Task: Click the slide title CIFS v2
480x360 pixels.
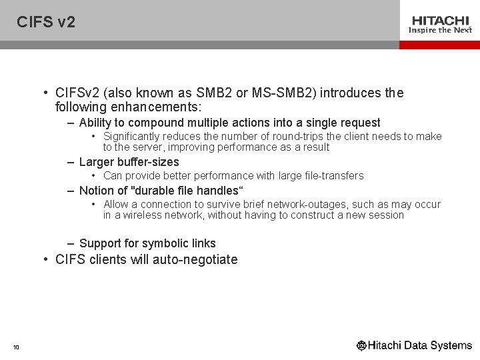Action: pyautogui.click(x=46, y=22)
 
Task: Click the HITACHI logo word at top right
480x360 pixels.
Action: pyautogui.click(x=440, y=20)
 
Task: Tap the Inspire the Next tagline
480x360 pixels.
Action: pyautogui.click(x=440, y=30)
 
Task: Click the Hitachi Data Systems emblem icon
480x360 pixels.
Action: pyautogui.click(x=362, y=345)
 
